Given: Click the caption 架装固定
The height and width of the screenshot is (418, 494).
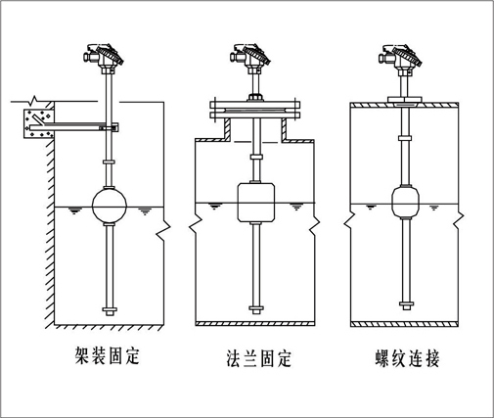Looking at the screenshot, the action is [108, 356].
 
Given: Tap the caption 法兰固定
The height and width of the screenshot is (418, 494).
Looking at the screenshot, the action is [258, 358].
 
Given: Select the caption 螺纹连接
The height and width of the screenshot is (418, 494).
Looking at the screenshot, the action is [408, 358].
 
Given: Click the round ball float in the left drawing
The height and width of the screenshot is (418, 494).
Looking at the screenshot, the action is [110, 206].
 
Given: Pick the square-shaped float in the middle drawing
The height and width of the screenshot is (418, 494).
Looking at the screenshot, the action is [256, 203].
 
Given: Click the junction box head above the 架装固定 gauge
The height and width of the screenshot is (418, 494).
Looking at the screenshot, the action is [104, 56].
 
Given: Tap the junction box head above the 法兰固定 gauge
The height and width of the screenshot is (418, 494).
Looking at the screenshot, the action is [250, 56].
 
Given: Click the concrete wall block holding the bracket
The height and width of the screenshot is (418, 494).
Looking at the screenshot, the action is [38, 123].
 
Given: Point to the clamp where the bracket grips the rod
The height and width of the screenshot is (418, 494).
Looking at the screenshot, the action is [110, 127].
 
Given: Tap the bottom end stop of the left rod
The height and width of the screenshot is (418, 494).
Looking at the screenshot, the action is [110, 311].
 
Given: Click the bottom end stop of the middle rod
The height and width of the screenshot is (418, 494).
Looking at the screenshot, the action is [256, 309].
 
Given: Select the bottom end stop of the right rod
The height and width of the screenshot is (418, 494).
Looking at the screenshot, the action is [406, 305].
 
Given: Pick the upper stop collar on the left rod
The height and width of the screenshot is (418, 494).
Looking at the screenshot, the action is [110, 162].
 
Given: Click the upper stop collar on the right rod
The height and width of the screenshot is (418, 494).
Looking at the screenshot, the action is [405, 138].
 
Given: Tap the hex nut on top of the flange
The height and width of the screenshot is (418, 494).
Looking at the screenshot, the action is [255, 98].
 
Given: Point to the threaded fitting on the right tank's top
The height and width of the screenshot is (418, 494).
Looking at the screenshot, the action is [405, 99].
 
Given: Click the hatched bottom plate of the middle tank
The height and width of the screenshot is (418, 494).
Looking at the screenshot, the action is [255, 324].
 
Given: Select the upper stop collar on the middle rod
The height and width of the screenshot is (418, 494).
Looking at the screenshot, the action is [256, 157].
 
